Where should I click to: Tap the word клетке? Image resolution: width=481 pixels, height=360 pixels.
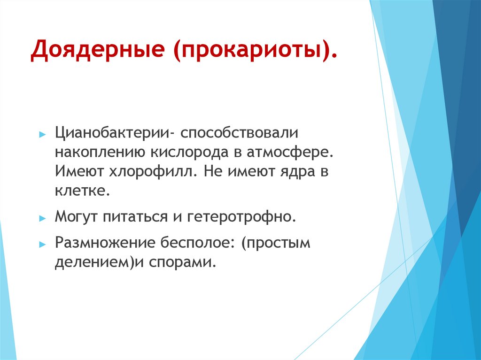click(83, 191)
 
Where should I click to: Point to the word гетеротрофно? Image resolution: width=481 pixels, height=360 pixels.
click(242, 217)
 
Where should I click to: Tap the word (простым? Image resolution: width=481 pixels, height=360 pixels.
click(276, 244)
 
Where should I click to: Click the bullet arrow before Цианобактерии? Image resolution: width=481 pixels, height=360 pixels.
click(42, 134)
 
